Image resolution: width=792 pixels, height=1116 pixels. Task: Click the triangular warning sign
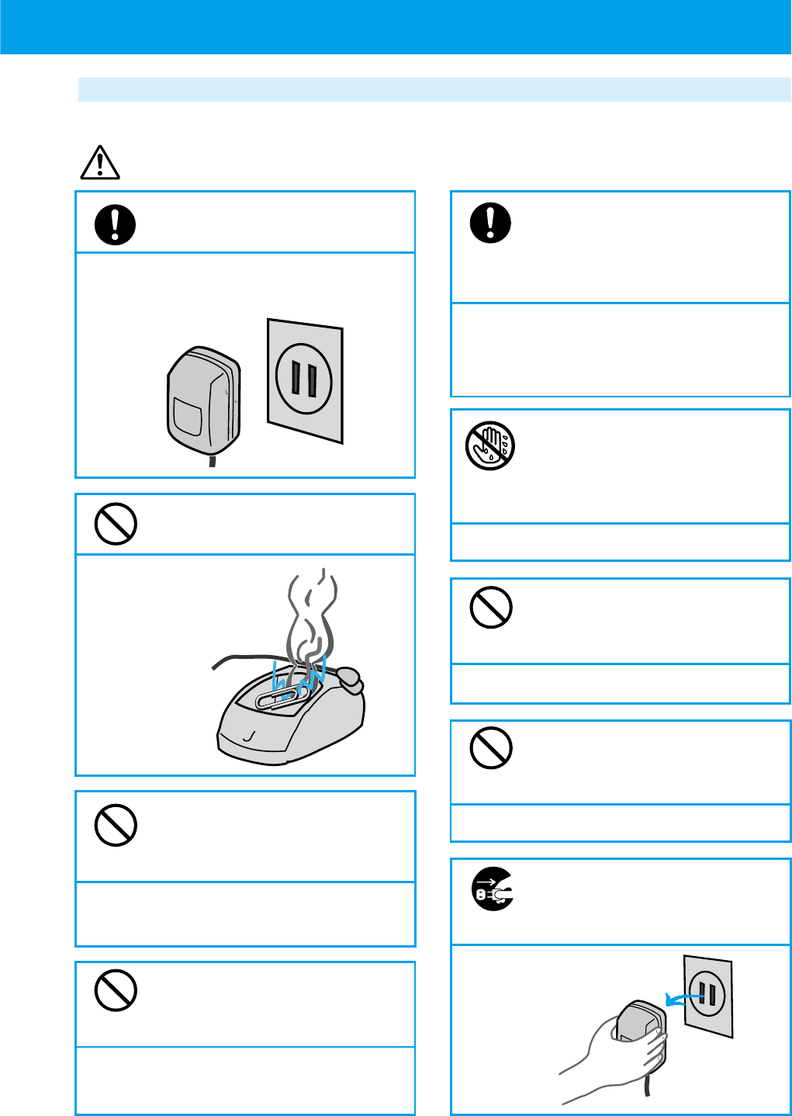[100, 163]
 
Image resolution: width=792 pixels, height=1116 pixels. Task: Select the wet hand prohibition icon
[490, 446]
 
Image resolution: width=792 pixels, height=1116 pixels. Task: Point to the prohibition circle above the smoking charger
[116, 524]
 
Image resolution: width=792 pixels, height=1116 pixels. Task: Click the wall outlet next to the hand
[707, 995]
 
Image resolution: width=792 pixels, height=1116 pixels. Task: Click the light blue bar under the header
[434, 89]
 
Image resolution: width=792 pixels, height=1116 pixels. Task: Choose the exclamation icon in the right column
[490, 223]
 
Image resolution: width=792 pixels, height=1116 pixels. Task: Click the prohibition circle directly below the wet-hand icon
[491, 607]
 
